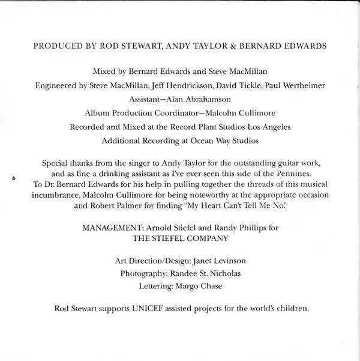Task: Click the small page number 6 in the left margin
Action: click(13, 177)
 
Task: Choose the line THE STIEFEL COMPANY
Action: click(181, 239)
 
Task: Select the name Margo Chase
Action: click(199, 287)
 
